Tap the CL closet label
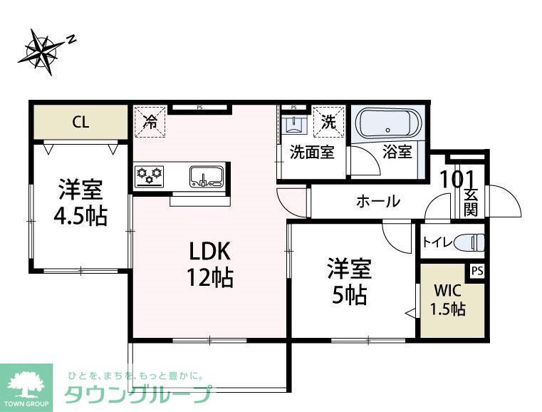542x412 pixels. (x=80, y=122)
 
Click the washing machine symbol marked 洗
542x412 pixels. (x=328, y=121)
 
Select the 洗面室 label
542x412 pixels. (x=312, y=153)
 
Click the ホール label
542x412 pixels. (x=377, y=201)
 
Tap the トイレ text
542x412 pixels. (x=437, y=242)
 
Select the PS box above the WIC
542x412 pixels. (x=476, y=271)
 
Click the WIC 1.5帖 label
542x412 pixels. (x=450, y=300)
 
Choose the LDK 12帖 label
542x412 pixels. (x=210, y=264)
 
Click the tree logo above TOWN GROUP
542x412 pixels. (x=26, y=383)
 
